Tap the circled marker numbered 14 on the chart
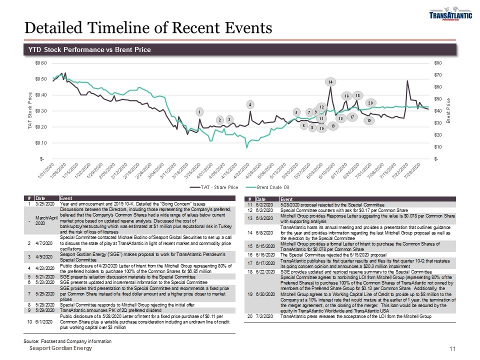[x=330, y=81]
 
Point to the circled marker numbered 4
[x=250, y=104]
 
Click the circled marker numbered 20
[x=370, y=103]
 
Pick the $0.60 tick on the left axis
[x=41, y=63]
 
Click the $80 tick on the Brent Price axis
[x=437, y=63]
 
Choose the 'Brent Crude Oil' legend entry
[x=270, y=187]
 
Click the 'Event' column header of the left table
[x=65, y=198]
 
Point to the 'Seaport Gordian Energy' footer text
[x=60, y=348]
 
